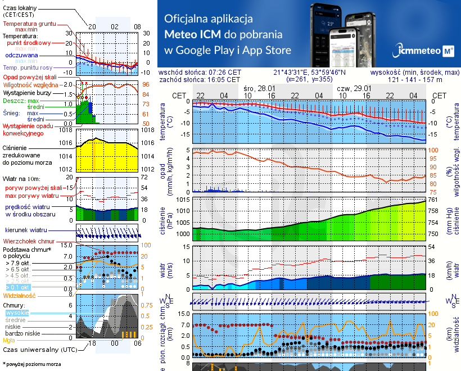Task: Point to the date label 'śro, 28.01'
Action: (259, 88)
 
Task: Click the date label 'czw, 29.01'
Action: (354, 88)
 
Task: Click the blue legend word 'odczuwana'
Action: (21, 55)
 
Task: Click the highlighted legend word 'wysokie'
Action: (16, 313)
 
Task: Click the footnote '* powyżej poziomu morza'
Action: (32, 364)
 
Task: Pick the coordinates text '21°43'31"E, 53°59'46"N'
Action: (310, 73)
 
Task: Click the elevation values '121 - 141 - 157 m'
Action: (415, 79)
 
